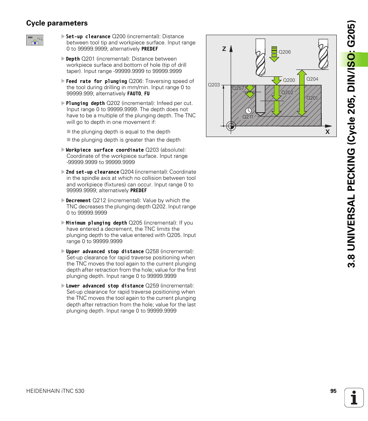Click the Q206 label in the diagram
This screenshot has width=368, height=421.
[284, 52]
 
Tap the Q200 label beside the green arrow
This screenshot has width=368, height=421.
[289, 80]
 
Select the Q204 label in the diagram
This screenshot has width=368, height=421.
[312, 79]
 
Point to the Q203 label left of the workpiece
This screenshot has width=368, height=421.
[214, 85]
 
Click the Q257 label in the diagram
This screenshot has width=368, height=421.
[238, 88]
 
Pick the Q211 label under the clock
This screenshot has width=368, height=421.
[248, 117]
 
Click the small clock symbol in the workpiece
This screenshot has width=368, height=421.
[248, 110]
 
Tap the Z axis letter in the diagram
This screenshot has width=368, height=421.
[224, 49]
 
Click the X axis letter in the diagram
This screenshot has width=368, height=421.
[327, 132]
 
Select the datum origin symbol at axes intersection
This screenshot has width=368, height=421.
[231, 126]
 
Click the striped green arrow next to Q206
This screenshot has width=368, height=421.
[274, 54]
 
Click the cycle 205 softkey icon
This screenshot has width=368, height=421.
[35, 40]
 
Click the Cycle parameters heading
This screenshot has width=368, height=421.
[57, 23]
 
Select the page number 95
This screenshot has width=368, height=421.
[333, 391]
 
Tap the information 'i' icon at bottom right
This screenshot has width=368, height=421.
[354, 397]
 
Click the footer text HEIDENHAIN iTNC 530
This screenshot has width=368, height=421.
[55, 391]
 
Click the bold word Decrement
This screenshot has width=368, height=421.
[78, 201]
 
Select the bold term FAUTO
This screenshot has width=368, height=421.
[134, 94]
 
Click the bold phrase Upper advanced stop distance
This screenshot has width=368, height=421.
[105, 252]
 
